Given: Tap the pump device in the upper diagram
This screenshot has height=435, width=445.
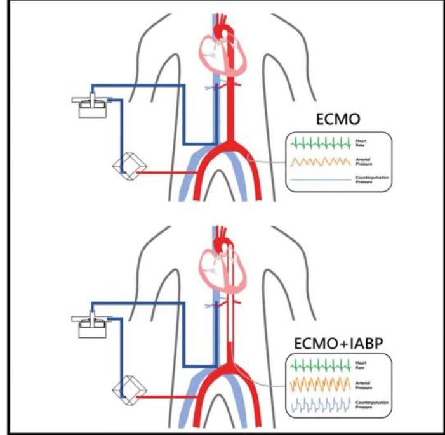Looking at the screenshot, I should (92, 105).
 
